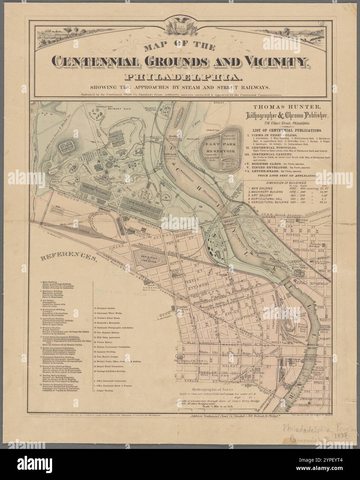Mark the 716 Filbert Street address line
click(283, 123)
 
